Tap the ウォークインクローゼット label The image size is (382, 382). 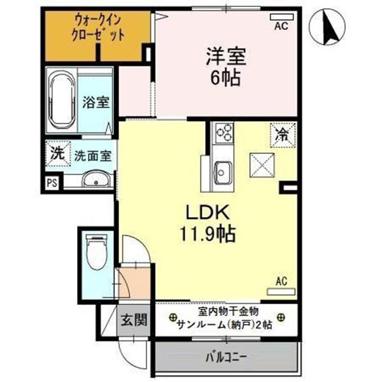pos(98,29)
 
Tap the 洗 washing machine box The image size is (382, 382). pos(57,153)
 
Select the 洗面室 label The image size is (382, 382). pos(92,154)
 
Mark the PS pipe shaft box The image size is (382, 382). pos(52,183)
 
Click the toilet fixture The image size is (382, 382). pos(97,249)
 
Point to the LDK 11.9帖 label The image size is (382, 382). pos(211,223)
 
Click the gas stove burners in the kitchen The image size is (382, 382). pos(224,132)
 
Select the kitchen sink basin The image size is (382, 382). pos(223,171)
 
